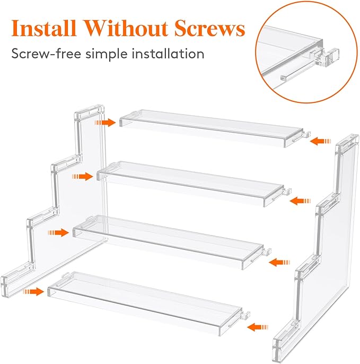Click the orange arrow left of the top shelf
(x=105, y=123)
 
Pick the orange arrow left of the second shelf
(x=83, y=176)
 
